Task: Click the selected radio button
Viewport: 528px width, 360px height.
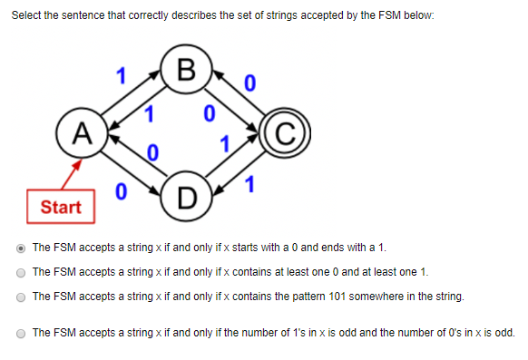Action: pos(21,247)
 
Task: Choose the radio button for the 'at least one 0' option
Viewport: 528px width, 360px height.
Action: pos(21,271)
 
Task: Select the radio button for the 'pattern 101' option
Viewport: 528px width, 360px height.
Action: pos(21,296)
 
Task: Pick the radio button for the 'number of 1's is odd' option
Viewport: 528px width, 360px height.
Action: pos(21,333)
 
